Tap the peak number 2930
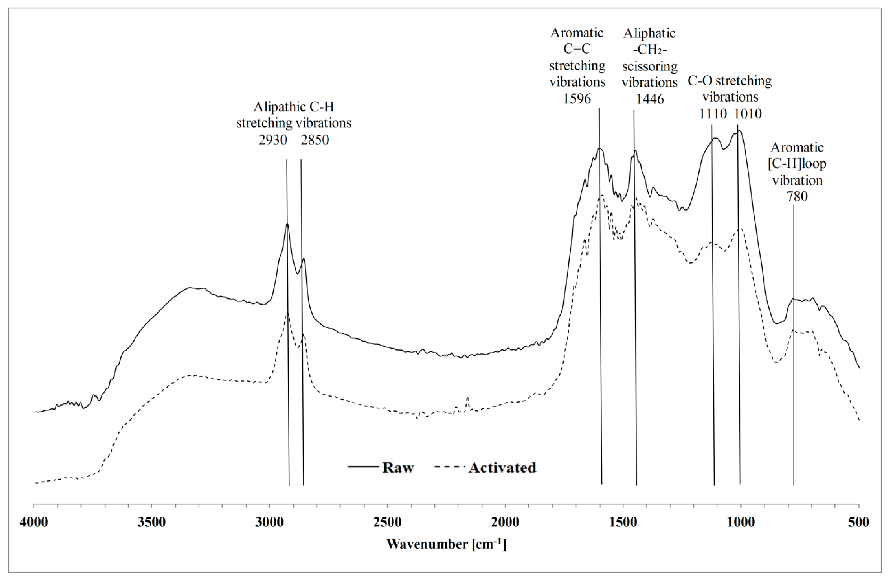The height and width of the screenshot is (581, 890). (x=273, y=140)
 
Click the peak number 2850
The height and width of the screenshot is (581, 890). (x=315, y=140)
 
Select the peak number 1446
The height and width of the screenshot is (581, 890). (x=650, y=99)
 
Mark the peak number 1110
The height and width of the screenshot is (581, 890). (x=713, y=113)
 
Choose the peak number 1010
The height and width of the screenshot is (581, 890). (x=748, y=113)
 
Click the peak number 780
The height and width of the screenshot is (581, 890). (x=797, y=196)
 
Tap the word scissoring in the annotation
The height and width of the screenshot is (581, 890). (x=650, y=66)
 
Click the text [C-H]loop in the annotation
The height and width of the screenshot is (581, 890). (x=797, y=164)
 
